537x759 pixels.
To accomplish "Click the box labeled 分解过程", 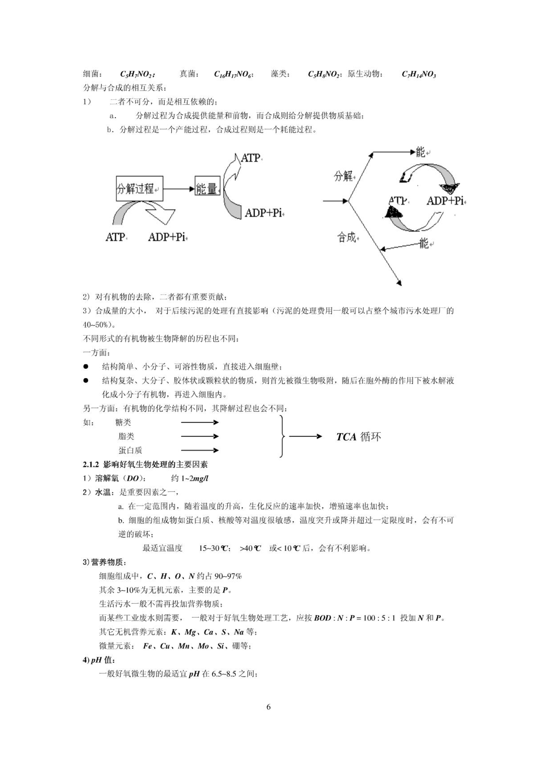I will tap(139, 188).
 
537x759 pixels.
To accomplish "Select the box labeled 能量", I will tap(208, 186).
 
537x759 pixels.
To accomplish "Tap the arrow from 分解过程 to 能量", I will tap(179, 189).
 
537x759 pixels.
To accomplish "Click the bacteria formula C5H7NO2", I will tap(137, 74).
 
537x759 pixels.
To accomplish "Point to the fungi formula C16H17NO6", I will tap(233, 74).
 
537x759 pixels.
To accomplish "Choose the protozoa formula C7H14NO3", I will tap(419, 74).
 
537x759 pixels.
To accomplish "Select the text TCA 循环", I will tap(358, 437).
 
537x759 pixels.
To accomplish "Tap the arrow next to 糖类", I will tap(200, 422).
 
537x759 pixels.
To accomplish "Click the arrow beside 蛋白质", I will tap(200, 450).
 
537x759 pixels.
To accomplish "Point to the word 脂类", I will tap(126, 436).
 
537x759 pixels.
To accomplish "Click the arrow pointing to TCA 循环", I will tap(305, 436).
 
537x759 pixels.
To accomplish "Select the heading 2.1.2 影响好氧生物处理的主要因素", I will tap(145, 464).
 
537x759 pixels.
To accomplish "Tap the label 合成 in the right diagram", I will tap(347, 238).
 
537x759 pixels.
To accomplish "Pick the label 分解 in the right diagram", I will tap(343, 176).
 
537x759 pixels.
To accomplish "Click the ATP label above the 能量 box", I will tap(251, 158).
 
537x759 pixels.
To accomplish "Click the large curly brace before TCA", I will tap(282, 436).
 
